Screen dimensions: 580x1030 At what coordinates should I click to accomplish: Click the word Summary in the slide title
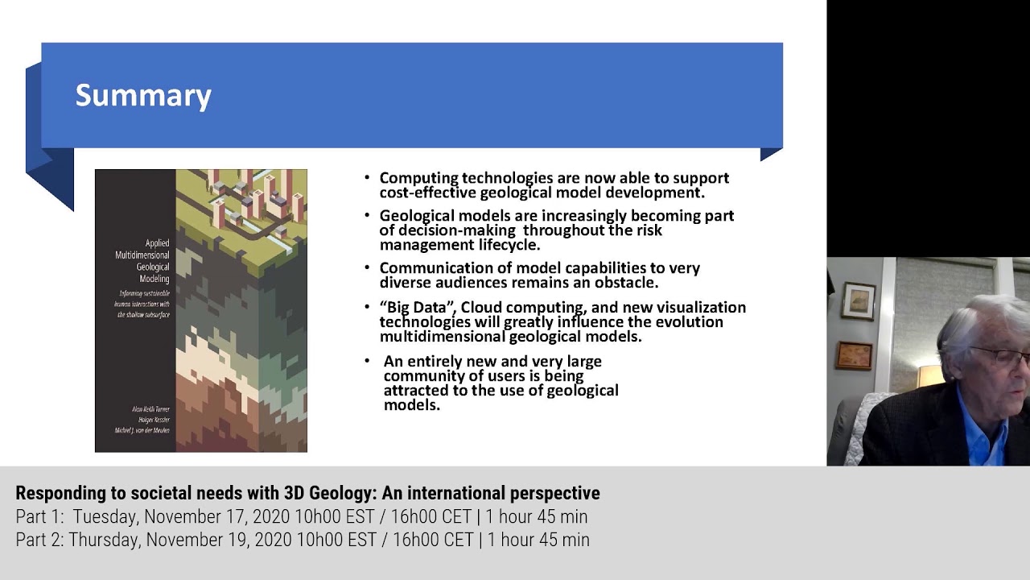(143, 96)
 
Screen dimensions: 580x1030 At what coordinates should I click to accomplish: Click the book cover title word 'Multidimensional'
(142, 255)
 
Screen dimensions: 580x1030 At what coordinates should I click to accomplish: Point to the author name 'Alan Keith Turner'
(150, 409)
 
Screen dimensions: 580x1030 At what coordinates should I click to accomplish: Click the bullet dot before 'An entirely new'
(367, 361)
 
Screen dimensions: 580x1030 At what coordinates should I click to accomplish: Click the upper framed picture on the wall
(858, 300)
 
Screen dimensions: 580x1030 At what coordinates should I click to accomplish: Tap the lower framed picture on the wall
(854, 355)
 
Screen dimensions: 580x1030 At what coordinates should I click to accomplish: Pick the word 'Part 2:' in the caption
(39, 540)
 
